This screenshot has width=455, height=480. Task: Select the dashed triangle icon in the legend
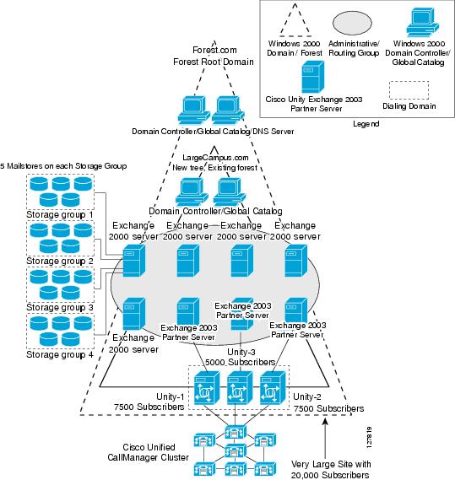click(290, 21)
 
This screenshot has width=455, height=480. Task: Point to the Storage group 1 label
click(61, 215)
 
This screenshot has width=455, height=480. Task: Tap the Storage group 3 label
click(61, 307)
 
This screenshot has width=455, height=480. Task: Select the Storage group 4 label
click(61, 353)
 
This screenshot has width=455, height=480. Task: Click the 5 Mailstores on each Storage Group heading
click(63, 166)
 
